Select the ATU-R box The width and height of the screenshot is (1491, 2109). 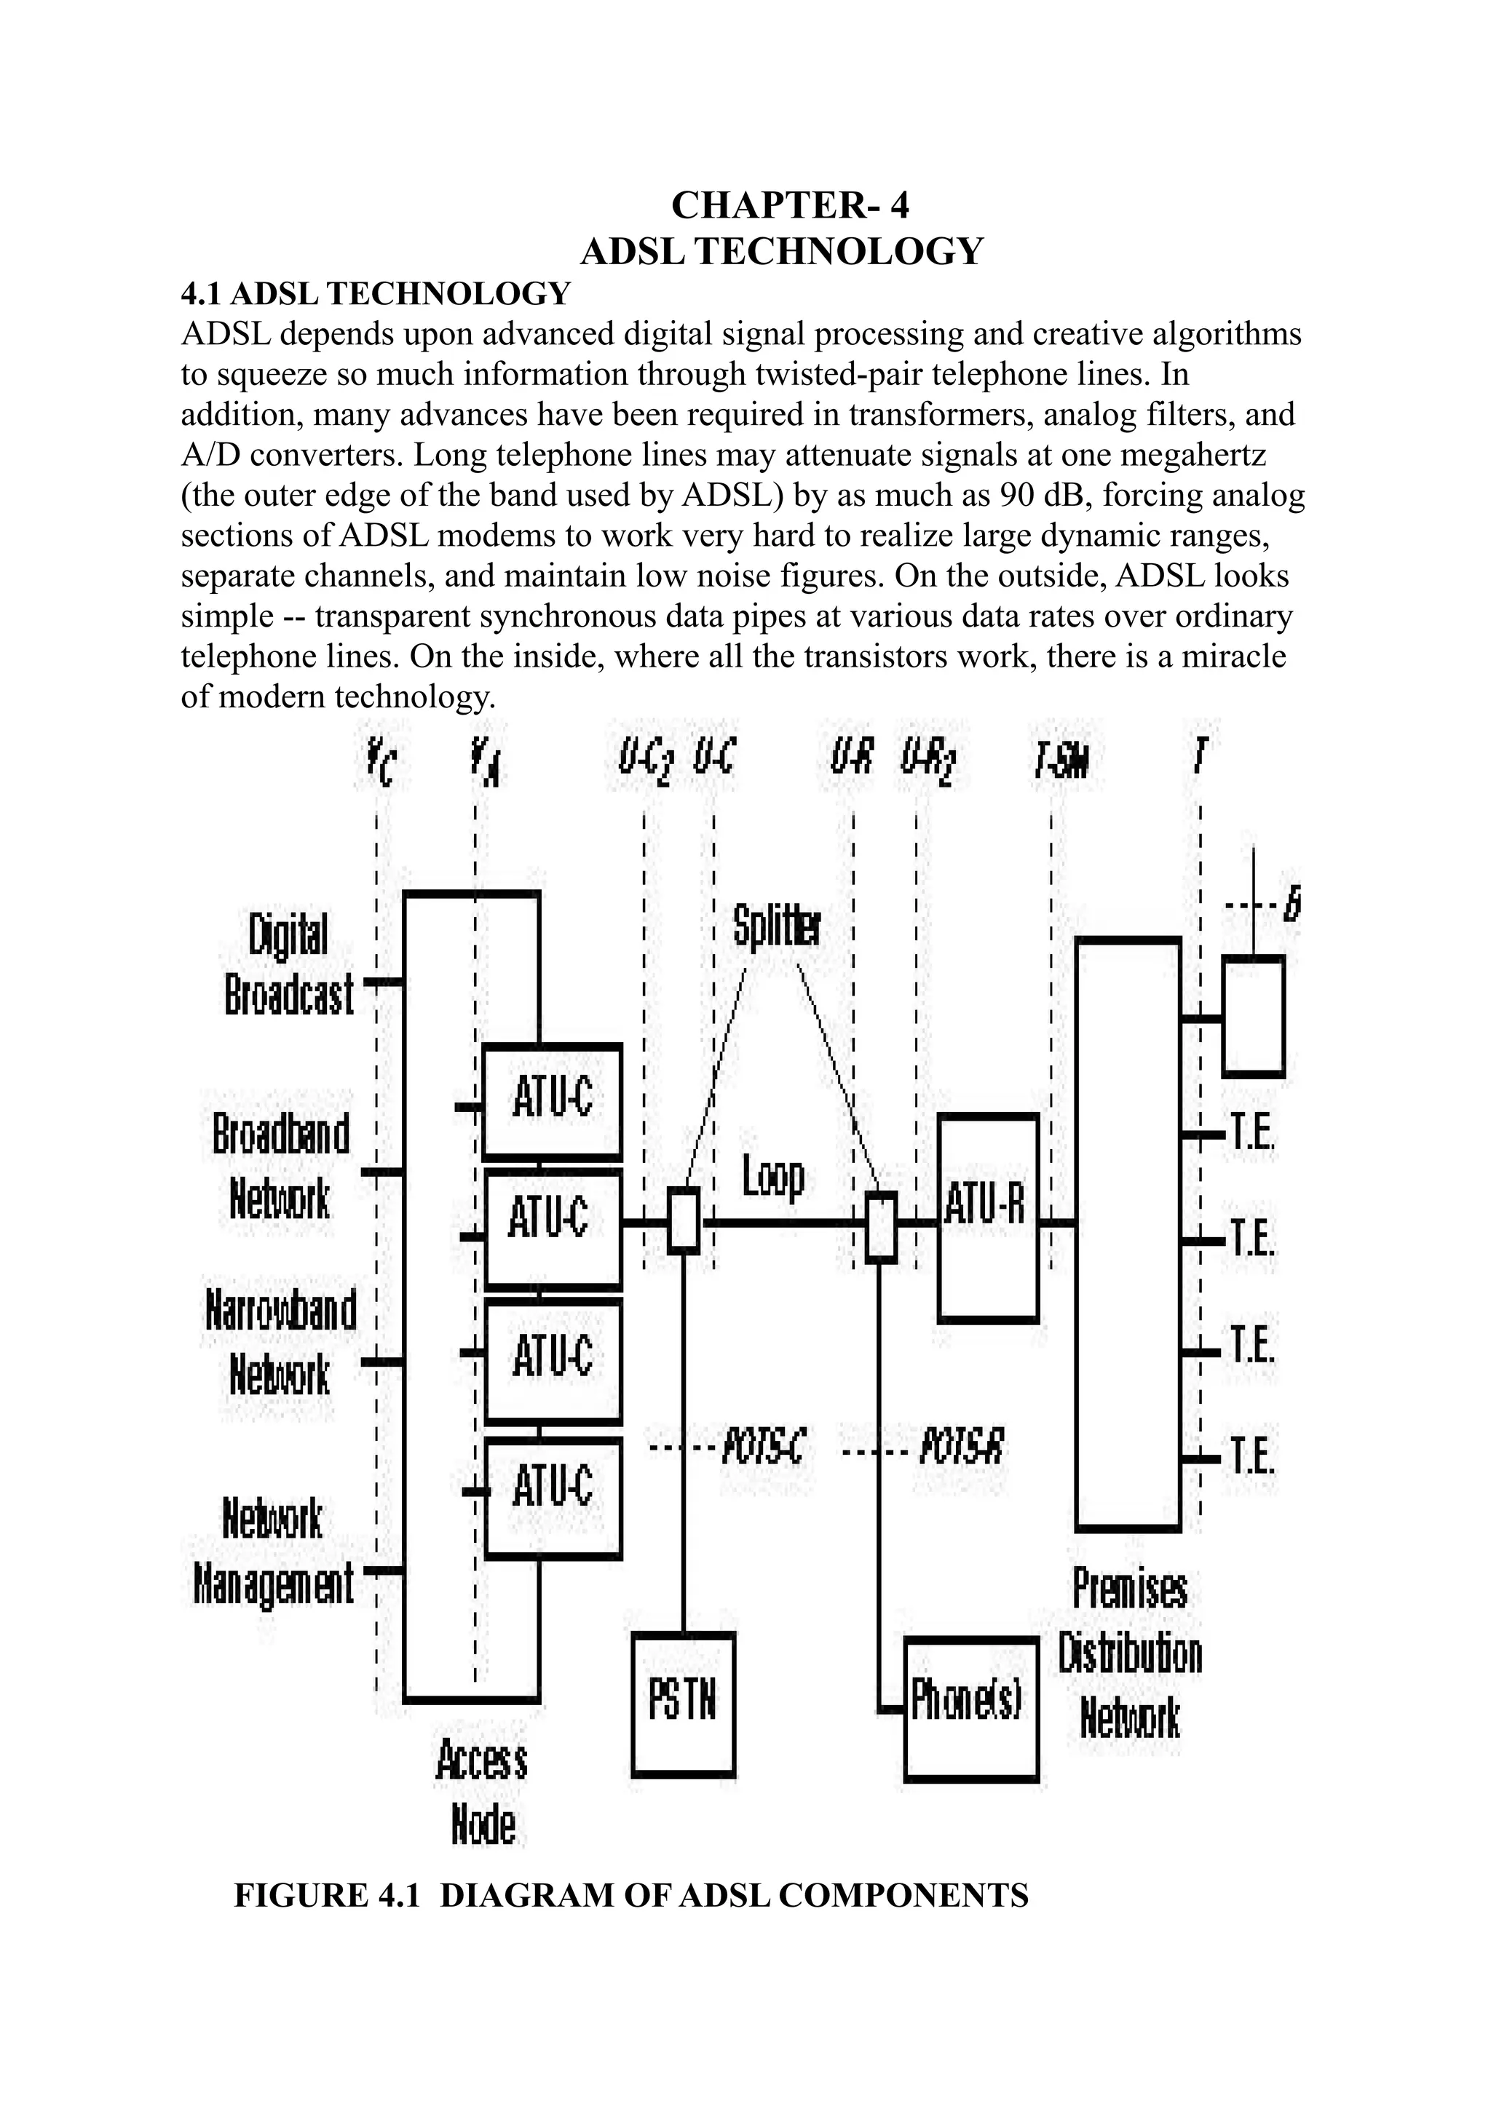click(988, 1217)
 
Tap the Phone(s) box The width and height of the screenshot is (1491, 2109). click(970, 1709)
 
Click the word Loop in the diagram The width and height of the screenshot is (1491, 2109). click(772, 1177)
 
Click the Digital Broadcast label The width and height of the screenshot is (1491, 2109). click(288, 964)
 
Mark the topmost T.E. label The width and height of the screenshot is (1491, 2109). click(1251, 1135)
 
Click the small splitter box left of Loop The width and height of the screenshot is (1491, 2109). click(684, 1220)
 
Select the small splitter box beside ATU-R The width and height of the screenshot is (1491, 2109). click(882, 1226)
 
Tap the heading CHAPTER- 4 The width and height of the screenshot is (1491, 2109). click(789, 204)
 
